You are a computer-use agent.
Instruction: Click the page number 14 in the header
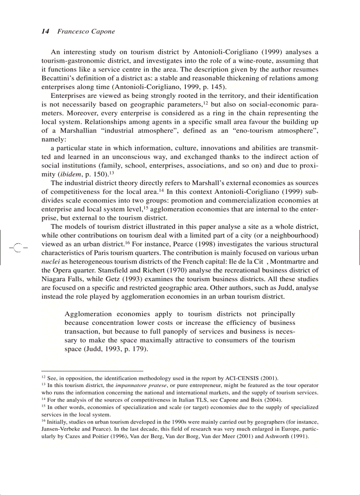45,31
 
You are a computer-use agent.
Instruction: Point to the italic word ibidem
73,174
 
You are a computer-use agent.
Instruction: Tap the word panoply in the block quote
175,331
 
